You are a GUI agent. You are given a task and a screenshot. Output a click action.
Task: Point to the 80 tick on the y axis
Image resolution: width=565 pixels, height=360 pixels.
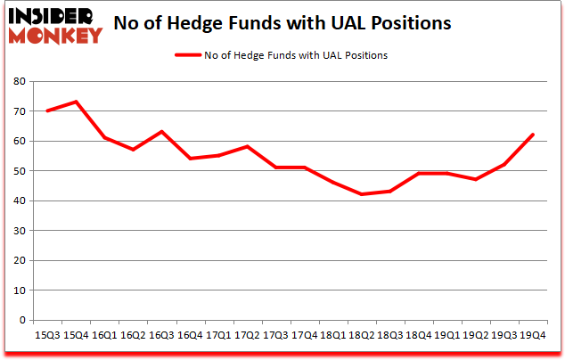click(x=20, y=81)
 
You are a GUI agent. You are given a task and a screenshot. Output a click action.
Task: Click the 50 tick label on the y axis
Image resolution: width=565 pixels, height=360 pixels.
click(x=20, y=171)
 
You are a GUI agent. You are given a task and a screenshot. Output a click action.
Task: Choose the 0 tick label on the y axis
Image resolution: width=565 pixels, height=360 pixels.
click(x=22, y=320)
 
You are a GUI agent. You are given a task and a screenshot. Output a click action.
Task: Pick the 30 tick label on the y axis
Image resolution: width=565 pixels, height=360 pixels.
click(x=20, y=231)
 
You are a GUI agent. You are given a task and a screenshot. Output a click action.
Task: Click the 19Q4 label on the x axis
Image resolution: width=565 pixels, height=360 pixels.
click(x=532, y=336)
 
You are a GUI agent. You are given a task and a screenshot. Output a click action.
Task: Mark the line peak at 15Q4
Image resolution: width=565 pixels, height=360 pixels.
click(x=78, y=102)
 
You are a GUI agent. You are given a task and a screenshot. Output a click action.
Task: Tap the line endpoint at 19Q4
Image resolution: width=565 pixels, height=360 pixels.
click(x=532, y=135)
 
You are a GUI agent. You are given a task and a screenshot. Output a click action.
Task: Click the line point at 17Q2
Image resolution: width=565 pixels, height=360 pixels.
click(x=248, y=146)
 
